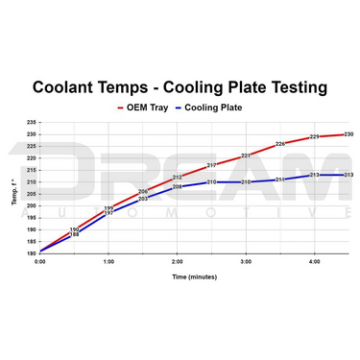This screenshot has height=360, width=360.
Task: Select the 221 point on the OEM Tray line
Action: [x=246, y=156]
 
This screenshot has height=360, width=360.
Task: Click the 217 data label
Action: [x=211, y=165]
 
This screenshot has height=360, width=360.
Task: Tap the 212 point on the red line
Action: [x=177, y=178]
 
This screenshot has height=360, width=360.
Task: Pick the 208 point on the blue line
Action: [x=177, y=187]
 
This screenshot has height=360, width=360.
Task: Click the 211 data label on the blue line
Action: [x=280, y=180]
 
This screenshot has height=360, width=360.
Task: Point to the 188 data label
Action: [x=74, y=234]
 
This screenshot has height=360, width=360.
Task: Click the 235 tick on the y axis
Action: [x=31, y=122]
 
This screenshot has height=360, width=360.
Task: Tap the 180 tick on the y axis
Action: [x=31, y=252]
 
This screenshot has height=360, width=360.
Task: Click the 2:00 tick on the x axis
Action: [x=177, y=260]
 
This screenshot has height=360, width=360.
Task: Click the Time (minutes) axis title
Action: [x=193, y=276]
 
